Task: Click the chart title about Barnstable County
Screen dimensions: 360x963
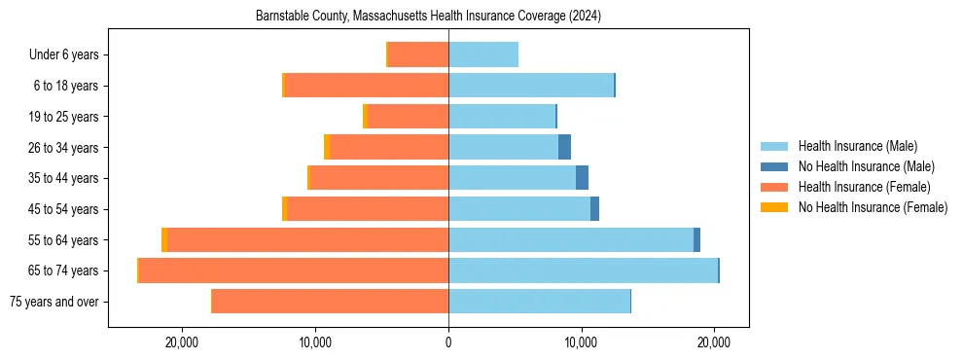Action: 429,17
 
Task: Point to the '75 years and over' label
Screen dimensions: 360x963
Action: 53,302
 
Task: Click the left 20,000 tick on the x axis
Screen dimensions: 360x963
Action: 182,342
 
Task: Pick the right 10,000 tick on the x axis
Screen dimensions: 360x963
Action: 582,342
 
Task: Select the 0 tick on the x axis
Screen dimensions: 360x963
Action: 448,342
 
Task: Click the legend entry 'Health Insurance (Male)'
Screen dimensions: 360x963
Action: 857,146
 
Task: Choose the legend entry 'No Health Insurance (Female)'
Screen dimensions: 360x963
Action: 873,207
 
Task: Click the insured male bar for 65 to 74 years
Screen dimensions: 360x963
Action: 583,270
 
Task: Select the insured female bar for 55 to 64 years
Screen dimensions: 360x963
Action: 307,239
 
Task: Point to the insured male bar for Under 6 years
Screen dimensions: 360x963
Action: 483,54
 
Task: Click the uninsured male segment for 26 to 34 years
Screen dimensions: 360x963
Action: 564,147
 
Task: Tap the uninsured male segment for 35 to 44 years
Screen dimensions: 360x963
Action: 582,178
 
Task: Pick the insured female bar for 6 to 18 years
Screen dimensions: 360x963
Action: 367,86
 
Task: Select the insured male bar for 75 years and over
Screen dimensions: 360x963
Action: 539,302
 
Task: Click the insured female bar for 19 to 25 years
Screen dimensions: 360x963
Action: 408,117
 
